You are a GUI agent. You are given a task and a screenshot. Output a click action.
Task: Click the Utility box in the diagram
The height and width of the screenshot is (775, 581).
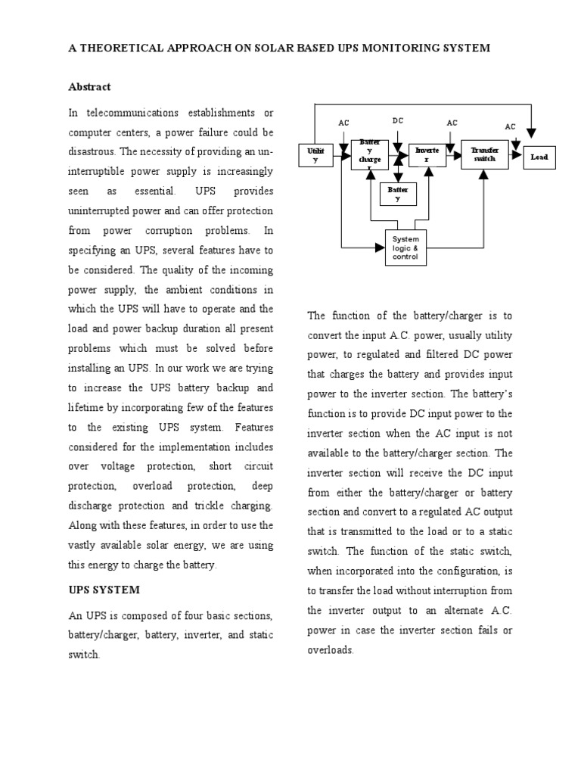(x=317, y=155)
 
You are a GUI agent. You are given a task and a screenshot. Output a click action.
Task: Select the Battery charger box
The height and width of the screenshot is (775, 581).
(x=369, y=154)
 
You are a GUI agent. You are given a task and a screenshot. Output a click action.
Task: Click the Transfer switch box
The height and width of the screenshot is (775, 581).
(x=485, y=154)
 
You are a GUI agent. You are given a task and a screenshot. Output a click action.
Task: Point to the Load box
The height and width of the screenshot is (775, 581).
(x=539, y=157)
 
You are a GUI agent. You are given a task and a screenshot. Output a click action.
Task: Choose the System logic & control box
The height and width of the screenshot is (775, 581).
(x=405, y=248)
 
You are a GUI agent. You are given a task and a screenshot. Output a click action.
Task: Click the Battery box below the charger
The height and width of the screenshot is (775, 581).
(x=398, y=195)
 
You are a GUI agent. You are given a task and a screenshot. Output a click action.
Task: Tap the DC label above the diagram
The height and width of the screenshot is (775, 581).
(x=398, y=121)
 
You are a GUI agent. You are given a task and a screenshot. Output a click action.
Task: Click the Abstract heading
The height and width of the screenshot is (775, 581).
(x=89, y=87)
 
